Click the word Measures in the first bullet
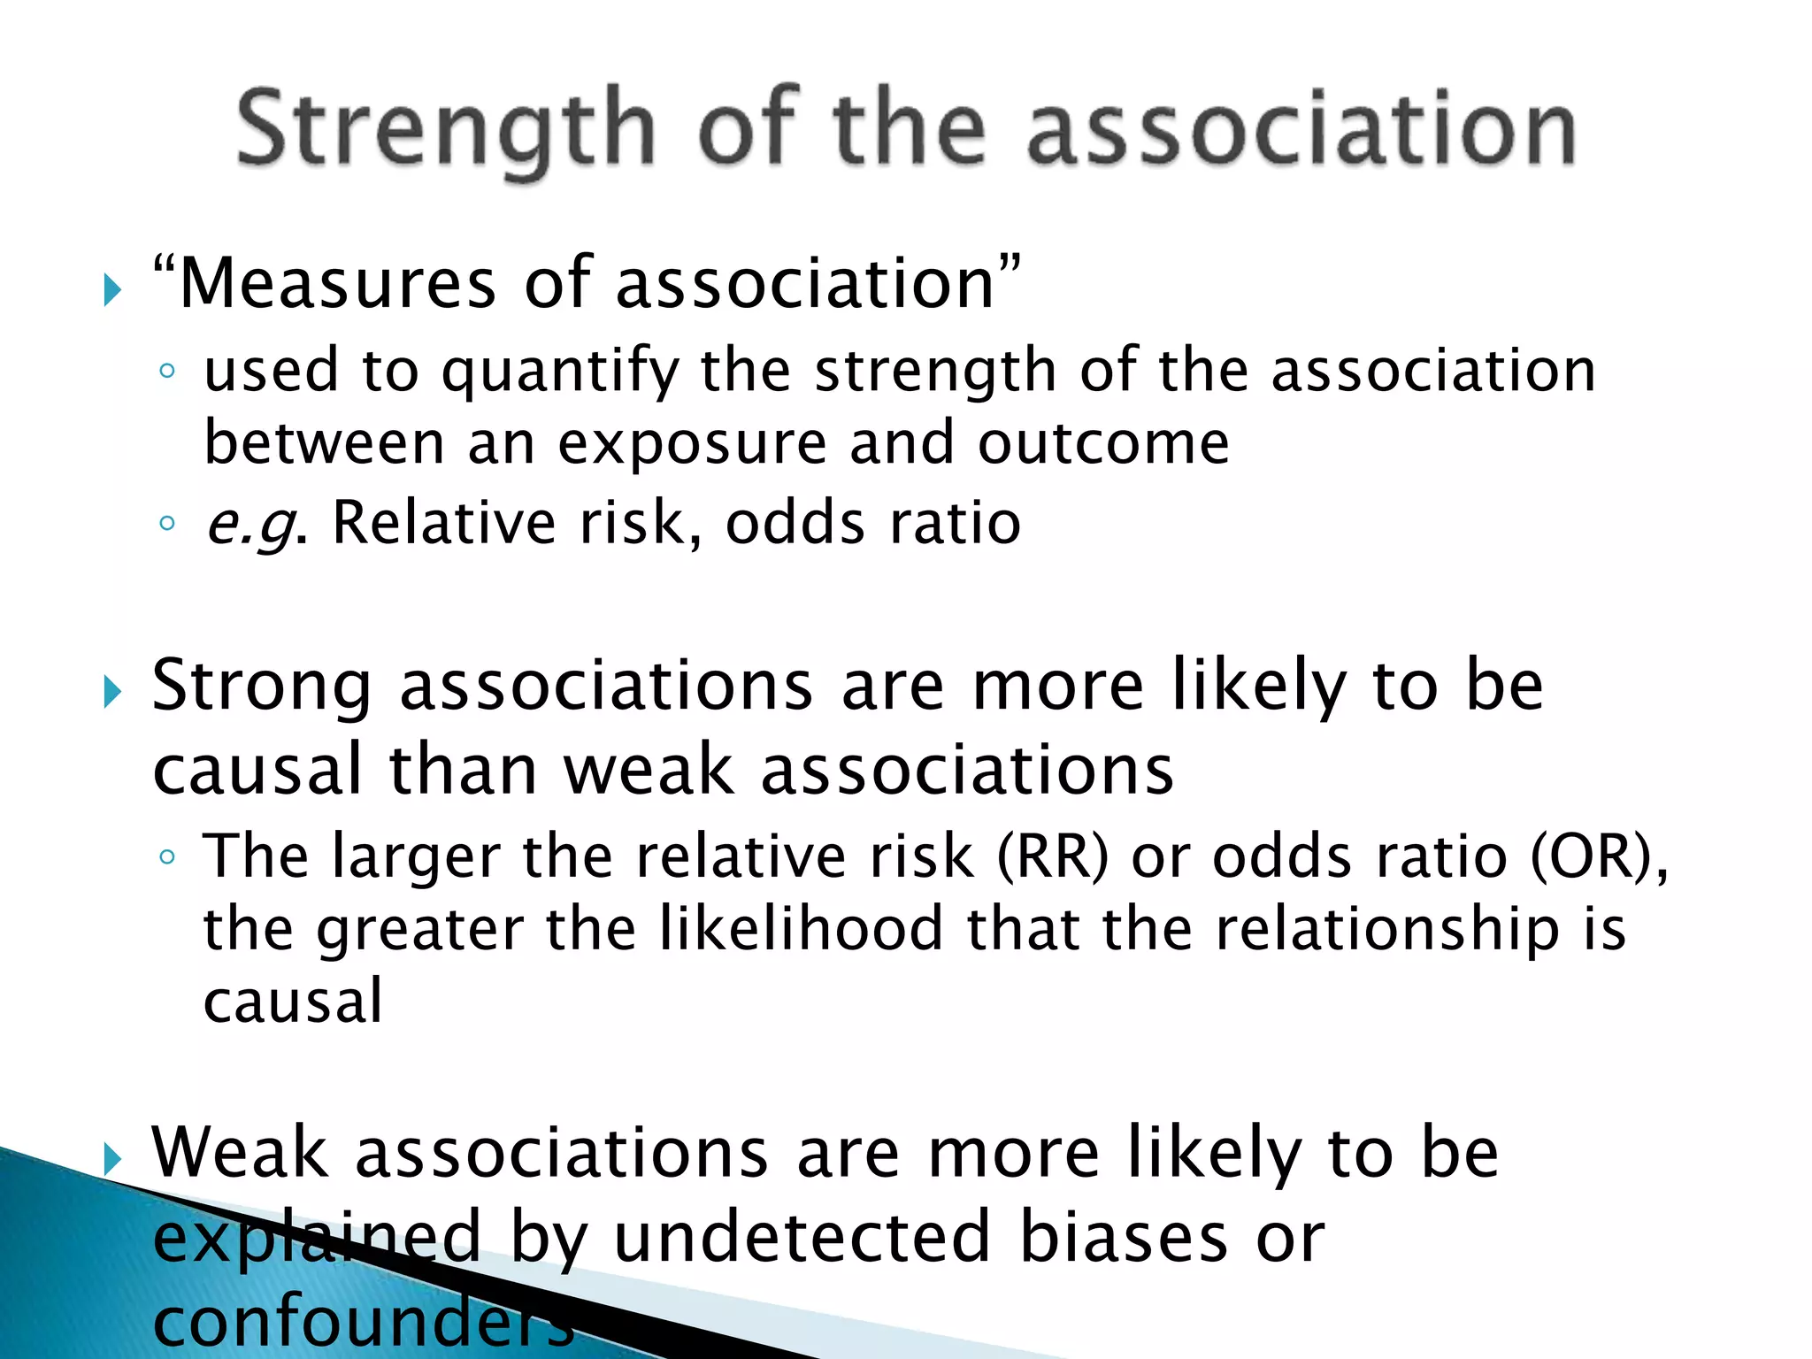pos(337,285)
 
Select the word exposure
pos(691,443)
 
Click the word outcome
pos(1102,443)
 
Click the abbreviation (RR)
pos(1053,857)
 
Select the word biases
pos(1124,1237)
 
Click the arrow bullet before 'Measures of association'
pos(111,290)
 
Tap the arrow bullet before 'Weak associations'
pos(111,1158)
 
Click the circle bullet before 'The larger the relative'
pos(167,856)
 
